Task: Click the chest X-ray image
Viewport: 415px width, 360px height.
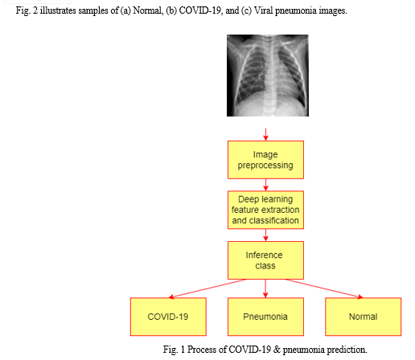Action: [x=268, y=76]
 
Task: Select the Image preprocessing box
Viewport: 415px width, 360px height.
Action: [x=265, y=160]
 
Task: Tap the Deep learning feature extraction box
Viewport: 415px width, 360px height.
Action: [x=265, y=210]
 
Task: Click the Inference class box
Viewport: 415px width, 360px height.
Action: [x=265, y=260]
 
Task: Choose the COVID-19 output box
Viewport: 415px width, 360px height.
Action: [x=168, y=317]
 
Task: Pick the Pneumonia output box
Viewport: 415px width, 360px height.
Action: [x=265, y=317]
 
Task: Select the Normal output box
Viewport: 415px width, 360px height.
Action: [x=364, y=317]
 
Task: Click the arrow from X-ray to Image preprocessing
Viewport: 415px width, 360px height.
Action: [x=265, y=134]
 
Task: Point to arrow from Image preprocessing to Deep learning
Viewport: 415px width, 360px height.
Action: [x=265, y=185]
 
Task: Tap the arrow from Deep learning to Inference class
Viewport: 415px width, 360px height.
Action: [x=265, y=235]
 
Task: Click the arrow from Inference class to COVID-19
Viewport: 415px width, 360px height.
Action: [x=207, y=288]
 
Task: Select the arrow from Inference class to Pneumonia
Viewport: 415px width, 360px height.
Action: [x=265, y=288]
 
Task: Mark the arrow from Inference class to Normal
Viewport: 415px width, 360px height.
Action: [x=324, y=288]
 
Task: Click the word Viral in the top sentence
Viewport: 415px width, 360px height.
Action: [x=264, y=10]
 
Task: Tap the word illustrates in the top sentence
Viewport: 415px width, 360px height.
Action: [x=58, y=10]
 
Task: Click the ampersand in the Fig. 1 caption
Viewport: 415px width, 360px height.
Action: [x=277, y=350]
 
